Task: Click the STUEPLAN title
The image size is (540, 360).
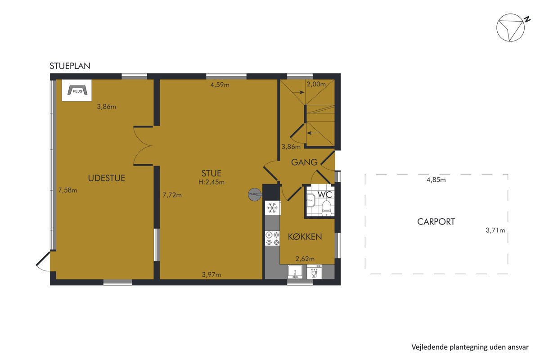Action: click(x=70, y=66)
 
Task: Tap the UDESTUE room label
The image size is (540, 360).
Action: click(x=107, y=178)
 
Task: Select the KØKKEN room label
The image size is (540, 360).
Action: click(x=305, y=237)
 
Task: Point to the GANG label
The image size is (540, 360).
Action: click(x=304, y=162)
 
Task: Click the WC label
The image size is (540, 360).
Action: click(x=325, y=194)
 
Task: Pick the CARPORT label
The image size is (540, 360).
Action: click(x=436, y=221)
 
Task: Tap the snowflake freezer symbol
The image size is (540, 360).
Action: click(x=272, y=208)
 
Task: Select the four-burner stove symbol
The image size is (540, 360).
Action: click(x=272, y=238)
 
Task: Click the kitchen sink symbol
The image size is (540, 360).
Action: click(x=295, y=272)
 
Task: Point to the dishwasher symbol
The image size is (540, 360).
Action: click(x=315, y=272)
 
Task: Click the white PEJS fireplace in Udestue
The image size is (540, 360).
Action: click(x=77, y=90)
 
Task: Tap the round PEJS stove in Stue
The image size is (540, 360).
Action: click(x=255, y=194)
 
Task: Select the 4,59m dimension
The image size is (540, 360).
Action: click(x=220, y=85)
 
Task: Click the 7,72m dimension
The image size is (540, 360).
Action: click(x=172, y=195)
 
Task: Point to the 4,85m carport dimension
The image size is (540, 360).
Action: click(x=436, y=180)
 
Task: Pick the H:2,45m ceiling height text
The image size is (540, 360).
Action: click(x=211, y=182)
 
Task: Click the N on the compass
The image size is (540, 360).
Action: click(x=527, y=19)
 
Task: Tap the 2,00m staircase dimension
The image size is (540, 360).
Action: click(x=316, y=84)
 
